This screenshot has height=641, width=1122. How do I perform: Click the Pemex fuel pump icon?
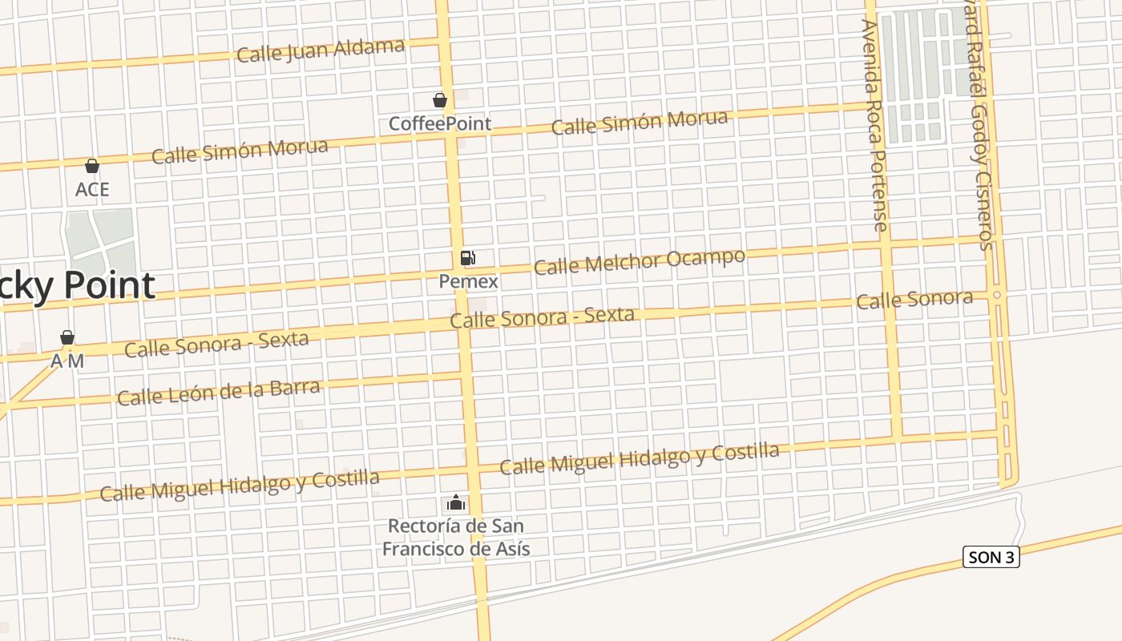tap(467, 258)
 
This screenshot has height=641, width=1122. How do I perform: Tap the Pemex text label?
tap(468, 281)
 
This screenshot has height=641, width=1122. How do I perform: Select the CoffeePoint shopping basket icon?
tap(439, 100)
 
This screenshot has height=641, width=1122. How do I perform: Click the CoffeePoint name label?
tap(439, 124)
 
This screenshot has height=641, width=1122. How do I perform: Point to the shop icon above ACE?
tap(92, 166)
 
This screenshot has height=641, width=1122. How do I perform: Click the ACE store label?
tap(92, 190)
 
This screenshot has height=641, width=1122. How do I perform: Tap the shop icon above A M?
tap(67, 337)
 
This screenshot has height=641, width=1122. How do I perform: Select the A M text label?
tap(67, 361)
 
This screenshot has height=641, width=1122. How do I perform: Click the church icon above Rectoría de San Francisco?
tap(455, 503)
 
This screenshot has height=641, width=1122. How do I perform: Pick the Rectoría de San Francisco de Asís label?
tap(455, 537)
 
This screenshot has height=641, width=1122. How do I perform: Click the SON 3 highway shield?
tap(991, 558)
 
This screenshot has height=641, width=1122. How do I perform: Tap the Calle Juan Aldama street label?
tap(321, 50)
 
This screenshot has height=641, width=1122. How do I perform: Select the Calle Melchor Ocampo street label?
tap(639, 260)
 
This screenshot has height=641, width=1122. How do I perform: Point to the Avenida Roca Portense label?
tap(874, 126)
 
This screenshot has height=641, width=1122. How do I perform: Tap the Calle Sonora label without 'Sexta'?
tap(914, 300)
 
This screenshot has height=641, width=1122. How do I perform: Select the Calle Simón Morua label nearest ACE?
tap(240, 151)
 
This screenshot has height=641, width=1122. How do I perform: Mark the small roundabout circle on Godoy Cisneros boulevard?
tap(997, 295)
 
